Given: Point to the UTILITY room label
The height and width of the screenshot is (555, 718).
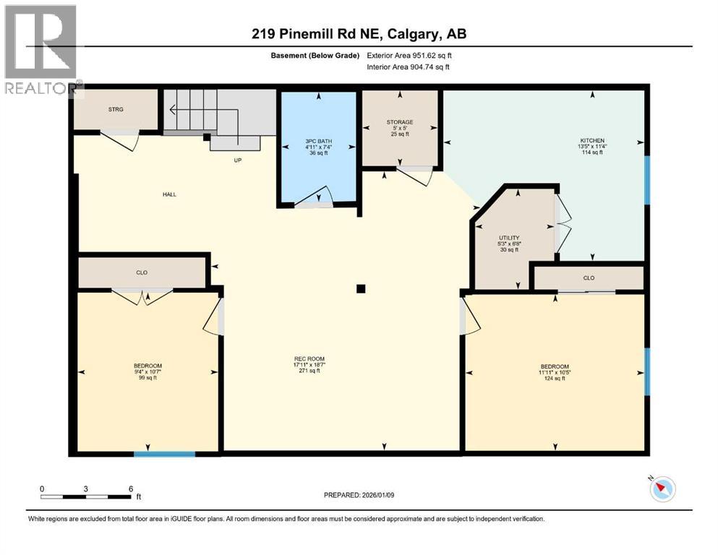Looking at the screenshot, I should tap(509, 244).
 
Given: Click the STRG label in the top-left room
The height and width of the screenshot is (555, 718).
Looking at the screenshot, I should tap(116, 110).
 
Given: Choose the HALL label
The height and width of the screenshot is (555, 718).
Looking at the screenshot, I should tap(169, 194).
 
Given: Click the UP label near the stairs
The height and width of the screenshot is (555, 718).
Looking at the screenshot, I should tap(237, 160).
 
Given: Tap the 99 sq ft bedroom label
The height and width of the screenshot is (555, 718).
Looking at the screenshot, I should tap(148, 371).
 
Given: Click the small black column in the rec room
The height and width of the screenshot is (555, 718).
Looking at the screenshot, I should tap(361, 289).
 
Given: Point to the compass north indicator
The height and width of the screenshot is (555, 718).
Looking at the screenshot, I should tap(662, 489).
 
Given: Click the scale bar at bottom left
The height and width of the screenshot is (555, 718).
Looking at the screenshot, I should tap(87, 496).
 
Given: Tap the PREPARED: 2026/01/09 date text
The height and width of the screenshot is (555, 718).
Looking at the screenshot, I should tap(359, 495).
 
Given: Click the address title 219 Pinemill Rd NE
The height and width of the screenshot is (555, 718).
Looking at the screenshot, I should tap(359, 34).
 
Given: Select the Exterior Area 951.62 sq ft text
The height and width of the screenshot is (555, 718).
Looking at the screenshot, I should tap(409, 55).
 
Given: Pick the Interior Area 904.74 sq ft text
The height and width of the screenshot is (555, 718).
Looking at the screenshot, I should tap(409, 67).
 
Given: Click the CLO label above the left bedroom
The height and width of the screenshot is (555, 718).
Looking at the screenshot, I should tap(142, 272).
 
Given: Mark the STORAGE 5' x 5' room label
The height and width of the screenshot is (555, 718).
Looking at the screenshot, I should tap(400, 128).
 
